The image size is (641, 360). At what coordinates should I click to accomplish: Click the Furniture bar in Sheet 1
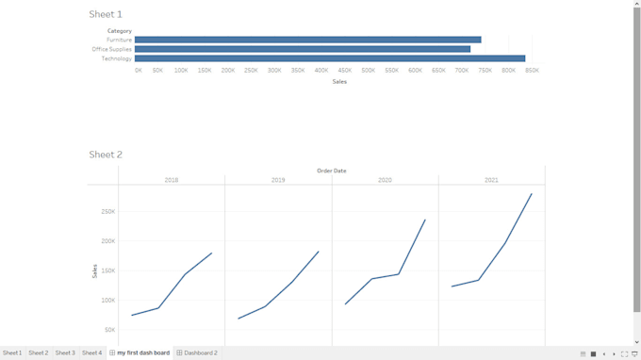click(307, 40)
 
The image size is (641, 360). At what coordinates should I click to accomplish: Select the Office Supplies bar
click(302, 49)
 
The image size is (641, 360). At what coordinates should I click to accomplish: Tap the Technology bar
click(329, 58)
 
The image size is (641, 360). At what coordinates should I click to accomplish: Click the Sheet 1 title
click(106, 14)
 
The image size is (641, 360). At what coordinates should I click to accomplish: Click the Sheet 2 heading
click(106, 155)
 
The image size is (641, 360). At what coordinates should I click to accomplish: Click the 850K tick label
click(532, 71)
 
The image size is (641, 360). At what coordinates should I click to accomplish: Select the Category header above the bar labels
click(120, 31)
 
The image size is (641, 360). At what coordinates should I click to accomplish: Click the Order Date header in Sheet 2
click(331, 171)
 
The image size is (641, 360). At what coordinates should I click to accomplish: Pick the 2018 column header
click(172, 180)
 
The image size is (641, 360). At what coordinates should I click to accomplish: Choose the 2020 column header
click(385, 180)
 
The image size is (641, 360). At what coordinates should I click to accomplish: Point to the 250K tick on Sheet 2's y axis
click(108, 211)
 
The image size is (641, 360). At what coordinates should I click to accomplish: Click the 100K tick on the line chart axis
click(108, 301)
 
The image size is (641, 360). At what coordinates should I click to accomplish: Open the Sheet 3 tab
click(65, 352)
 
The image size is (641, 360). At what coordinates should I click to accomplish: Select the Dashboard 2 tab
click(197, 352)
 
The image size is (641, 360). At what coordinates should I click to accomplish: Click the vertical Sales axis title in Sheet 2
click(94, 271)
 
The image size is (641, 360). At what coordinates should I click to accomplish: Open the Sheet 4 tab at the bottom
click(91, 352)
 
